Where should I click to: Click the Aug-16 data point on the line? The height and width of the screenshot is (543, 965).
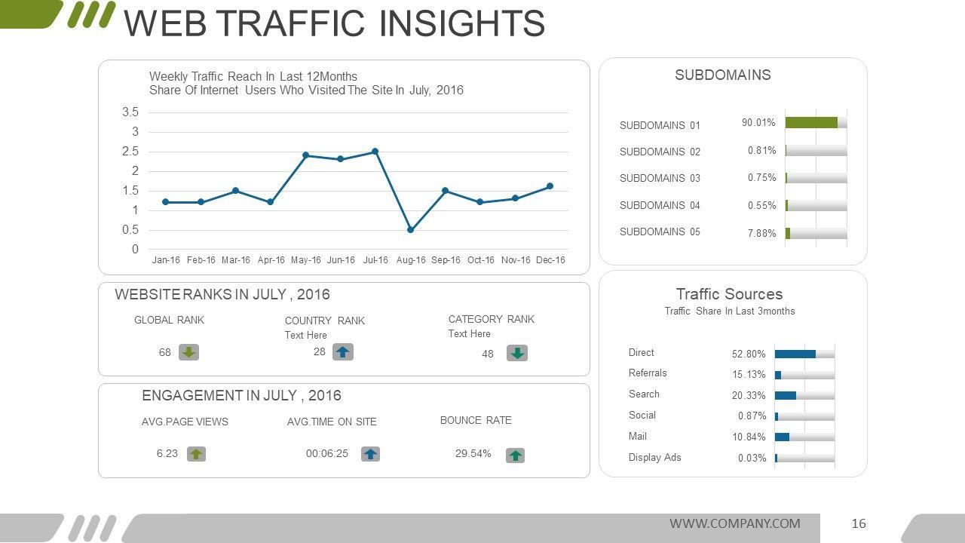[410, 229]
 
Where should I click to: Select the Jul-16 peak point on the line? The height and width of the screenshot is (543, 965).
[375, 152]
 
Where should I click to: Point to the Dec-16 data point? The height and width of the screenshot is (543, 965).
[550, 186]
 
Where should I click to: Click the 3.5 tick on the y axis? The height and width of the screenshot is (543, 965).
[130, 112]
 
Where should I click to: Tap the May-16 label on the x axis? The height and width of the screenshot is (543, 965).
[305, 260]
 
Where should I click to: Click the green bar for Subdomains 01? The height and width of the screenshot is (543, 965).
[811, 122]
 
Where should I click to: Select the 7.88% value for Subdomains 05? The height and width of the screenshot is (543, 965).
[761, 233]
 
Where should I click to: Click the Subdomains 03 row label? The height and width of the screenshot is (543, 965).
[660, 179]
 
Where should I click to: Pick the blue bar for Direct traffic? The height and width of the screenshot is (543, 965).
[795, 354]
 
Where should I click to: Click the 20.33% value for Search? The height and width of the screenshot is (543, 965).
[749, 395]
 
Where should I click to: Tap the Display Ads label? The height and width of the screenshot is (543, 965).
[654, 457]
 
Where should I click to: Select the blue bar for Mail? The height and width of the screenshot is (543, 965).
[782, 437]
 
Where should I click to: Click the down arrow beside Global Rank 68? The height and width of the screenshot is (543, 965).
[188, 352]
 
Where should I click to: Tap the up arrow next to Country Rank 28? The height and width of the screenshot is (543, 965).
[343, 352]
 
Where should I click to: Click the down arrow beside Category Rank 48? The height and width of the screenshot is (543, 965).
[517, 353]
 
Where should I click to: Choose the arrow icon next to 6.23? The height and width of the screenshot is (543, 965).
[196, 454]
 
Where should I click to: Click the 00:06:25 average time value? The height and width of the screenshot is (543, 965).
[327, 454]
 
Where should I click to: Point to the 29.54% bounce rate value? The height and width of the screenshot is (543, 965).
[473, 454]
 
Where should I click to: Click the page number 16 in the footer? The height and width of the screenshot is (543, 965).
[859, 523]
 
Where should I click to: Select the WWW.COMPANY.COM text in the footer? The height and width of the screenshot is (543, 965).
[735, 523]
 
